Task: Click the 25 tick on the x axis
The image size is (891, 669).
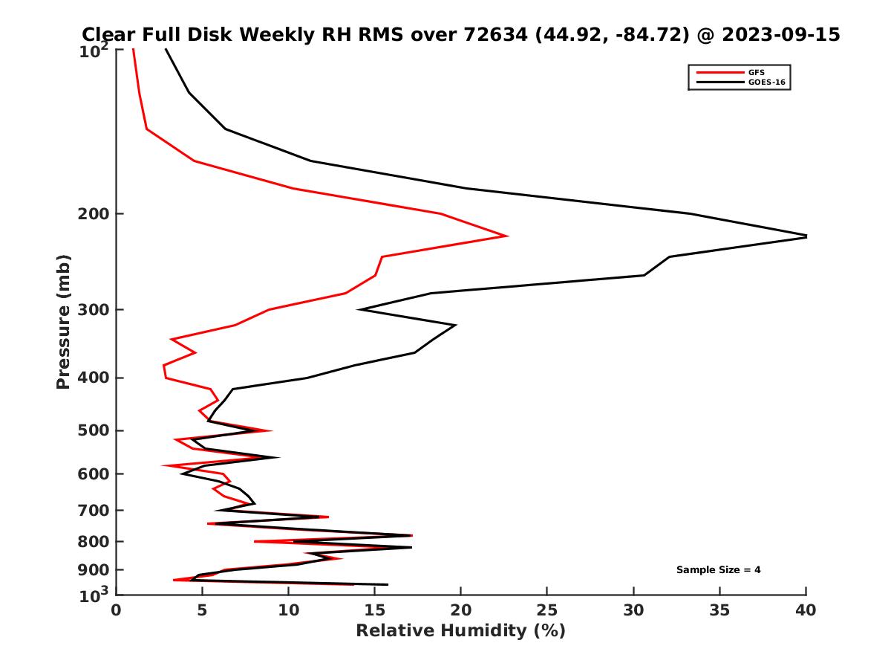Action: point(546,610)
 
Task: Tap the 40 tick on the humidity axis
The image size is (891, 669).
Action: point(806,610)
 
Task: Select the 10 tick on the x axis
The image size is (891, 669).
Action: point(288,610)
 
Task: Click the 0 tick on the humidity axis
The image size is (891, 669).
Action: point(116,610)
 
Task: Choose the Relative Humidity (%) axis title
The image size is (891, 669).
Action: point(460,631)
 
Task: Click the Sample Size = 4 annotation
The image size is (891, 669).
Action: point(718,570)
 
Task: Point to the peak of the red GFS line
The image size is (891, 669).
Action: point(507,236)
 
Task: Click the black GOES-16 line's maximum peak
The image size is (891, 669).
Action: point(806,236)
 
